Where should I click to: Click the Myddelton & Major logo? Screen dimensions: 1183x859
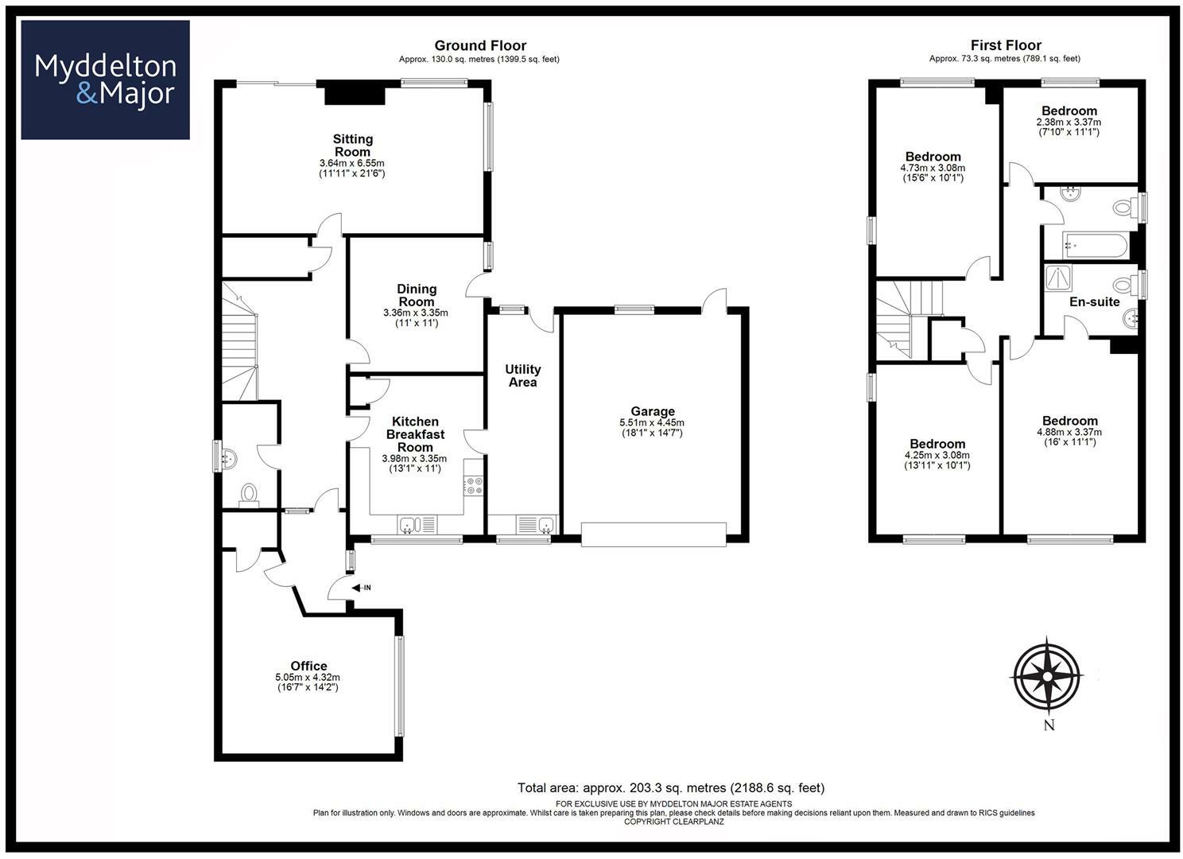pos(105,80)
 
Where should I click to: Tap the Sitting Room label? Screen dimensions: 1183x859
pos(353,146)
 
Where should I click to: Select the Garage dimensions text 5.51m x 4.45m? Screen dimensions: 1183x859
pos(652,422)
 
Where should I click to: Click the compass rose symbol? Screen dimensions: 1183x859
pos(1046,676)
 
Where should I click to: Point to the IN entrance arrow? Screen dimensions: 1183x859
pos(361,588)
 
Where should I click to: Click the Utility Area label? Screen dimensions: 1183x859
pos(523,375)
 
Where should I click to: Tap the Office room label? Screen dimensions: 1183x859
pos(309,666)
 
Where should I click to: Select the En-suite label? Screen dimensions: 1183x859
pos(1095,301)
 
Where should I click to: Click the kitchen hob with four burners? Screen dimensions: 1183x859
pos(474,485)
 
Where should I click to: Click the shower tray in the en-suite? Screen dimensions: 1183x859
pos(1059,278)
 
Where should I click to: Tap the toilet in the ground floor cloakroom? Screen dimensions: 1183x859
pos(249,496)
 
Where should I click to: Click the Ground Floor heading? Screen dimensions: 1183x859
pos(480,45)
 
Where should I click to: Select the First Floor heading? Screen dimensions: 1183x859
pos(1006,45)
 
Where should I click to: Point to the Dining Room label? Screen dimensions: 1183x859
pos(417,295)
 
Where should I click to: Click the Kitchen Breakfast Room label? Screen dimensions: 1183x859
pos(415,434)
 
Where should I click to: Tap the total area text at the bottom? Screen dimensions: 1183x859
pos(671,788)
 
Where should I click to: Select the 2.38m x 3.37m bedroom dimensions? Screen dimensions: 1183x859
pos(1069,122)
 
